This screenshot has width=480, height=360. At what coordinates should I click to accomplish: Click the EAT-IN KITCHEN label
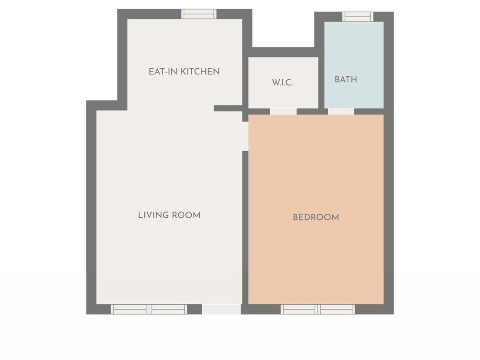(184, 72)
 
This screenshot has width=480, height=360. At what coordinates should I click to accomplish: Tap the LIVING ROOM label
(169, 215)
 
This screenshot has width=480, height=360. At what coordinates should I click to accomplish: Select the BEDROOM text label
(316, 218)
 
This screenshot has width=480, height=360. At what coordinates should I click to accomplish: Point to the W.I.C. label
(282, 83)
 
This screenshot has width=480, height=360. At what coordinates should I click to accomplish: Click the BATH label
(346, 79)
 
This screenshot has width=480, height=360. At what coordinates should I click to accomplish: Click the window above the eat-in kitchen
(199, 14)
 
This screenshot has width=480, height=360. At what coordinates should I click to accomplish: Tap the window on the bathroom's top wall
(358, 17)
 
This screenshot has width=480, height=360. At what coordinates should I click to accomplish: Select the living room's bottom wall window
(149, 309)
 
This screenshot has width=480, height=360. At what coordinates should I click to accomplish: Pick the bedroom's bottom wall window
(318, 309)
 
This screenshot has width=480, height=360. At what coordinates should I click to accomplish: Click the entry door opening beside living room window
(221, 309)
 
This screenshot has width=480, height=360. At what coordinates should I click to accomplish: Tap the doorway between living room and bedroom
(245, 136)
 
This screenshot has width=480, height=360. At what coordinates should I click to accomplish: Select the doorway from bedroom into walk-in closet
(283, 111)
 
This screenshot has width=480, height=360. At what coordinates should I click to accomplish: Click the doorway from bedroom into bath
(341, 111)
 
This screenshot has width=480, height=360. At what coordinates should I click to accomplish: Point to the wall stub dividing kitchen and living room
(228, 108)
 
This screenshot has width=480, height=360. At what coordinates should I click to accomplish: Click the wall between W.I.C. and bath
(321, 81)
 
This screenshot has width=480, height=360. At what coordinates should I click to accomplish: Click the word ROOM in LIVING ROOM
(186, 215)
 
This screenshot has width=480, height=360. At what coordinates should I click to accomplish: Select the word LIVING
(153, 215)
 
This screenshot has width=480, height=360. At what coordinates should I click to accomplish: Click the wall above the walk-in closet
(283, 52)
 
